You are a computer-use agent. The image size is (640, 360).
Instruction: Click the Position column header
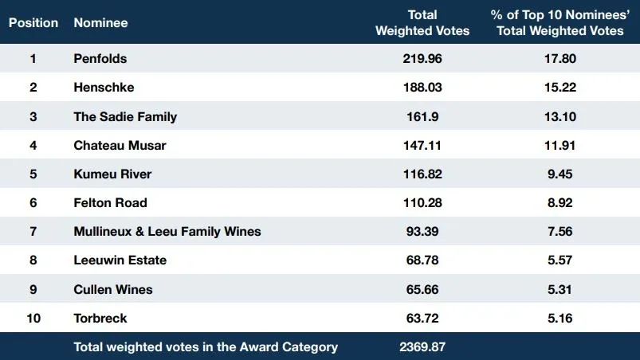33,23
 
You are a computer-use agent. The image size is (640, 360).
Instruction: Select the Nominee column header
100,23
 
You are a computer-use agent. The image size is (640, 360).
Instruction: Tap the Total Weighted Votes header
422,23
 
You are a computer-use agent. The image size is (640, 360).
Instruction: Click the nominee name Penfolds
100,59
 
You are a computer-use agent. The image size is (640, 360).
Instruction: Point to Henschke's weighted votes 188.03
422,88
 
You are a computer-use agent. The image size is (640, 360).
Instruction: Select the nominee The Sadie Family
125,116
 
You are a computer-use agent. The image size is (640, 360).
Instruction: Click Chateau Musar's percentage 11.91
560,146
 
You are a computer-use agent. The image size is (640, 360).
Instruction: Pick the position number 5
33,174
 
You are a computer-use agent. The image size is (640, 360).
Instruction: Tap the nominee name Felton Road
110,202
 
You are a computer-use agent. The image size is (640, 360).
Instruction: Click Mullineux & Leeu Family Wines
167,232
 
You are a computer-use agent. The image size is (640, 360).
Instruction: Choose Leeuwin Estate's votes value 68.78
422,260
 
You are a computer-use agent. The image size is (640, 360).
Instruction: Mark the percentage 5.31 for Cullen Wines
560,289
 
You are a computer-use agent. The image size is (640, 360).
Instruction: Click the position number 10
33,318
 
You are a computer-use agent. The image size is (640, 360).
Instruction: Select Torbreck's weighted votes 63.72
422,318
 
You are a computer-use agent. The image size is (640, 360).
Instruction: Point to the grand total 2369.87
422,347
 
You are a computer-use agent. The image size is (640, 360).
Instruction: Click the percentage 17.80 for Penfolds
560,59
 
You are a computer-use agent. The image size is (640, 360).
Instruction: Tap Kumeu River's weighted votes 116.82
422,174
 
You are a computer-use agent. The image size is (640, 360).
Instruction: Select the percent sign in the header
497,15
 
